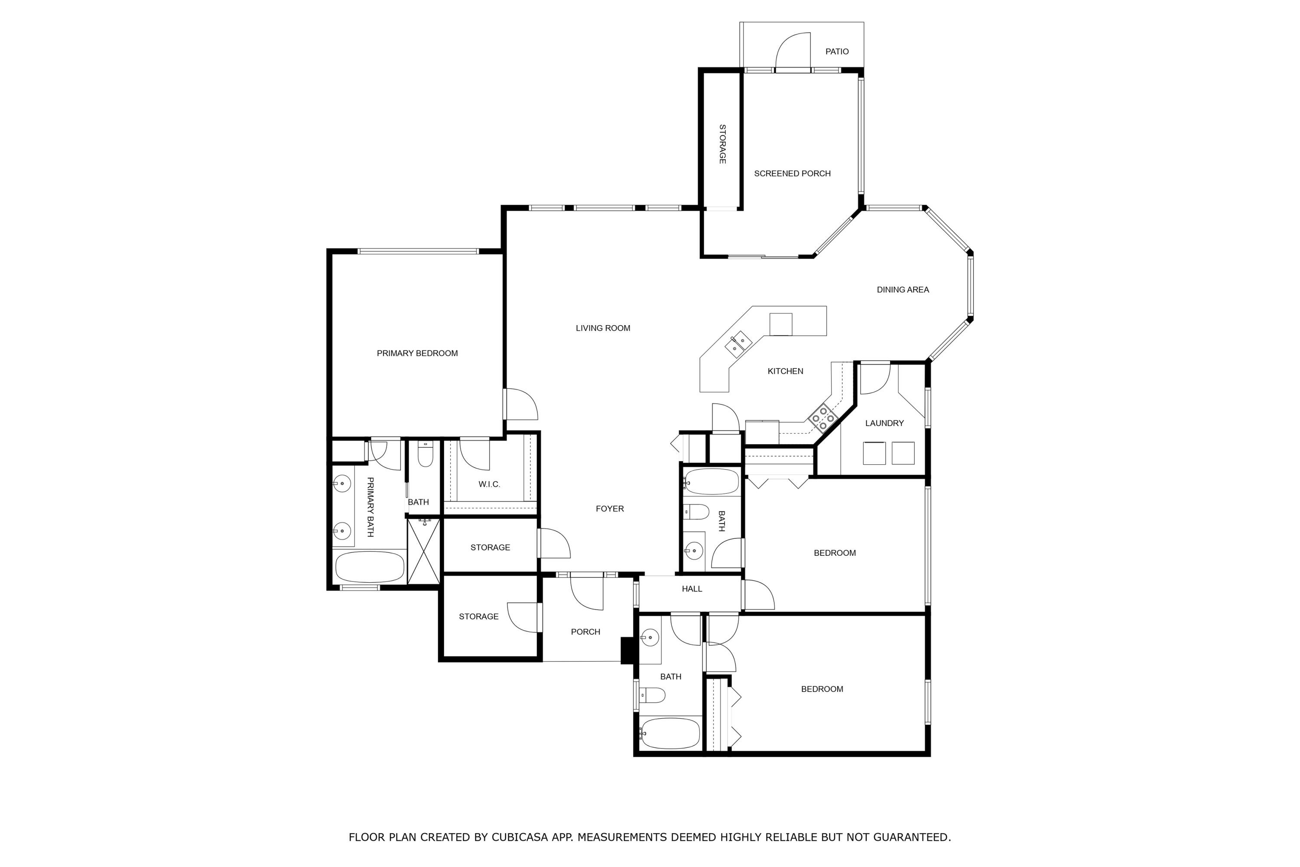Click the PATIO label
837,52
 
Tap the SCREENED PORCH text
792,174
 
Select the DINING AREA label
903,290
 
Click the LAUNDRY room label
884,423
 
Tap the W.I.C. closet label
489,484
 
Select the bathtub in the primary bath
370,567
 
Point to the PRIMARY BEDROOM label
417,353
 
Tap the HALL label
692,589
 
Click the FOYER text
610,508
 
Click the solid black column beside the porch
627,650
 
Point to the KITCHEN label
785,371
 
